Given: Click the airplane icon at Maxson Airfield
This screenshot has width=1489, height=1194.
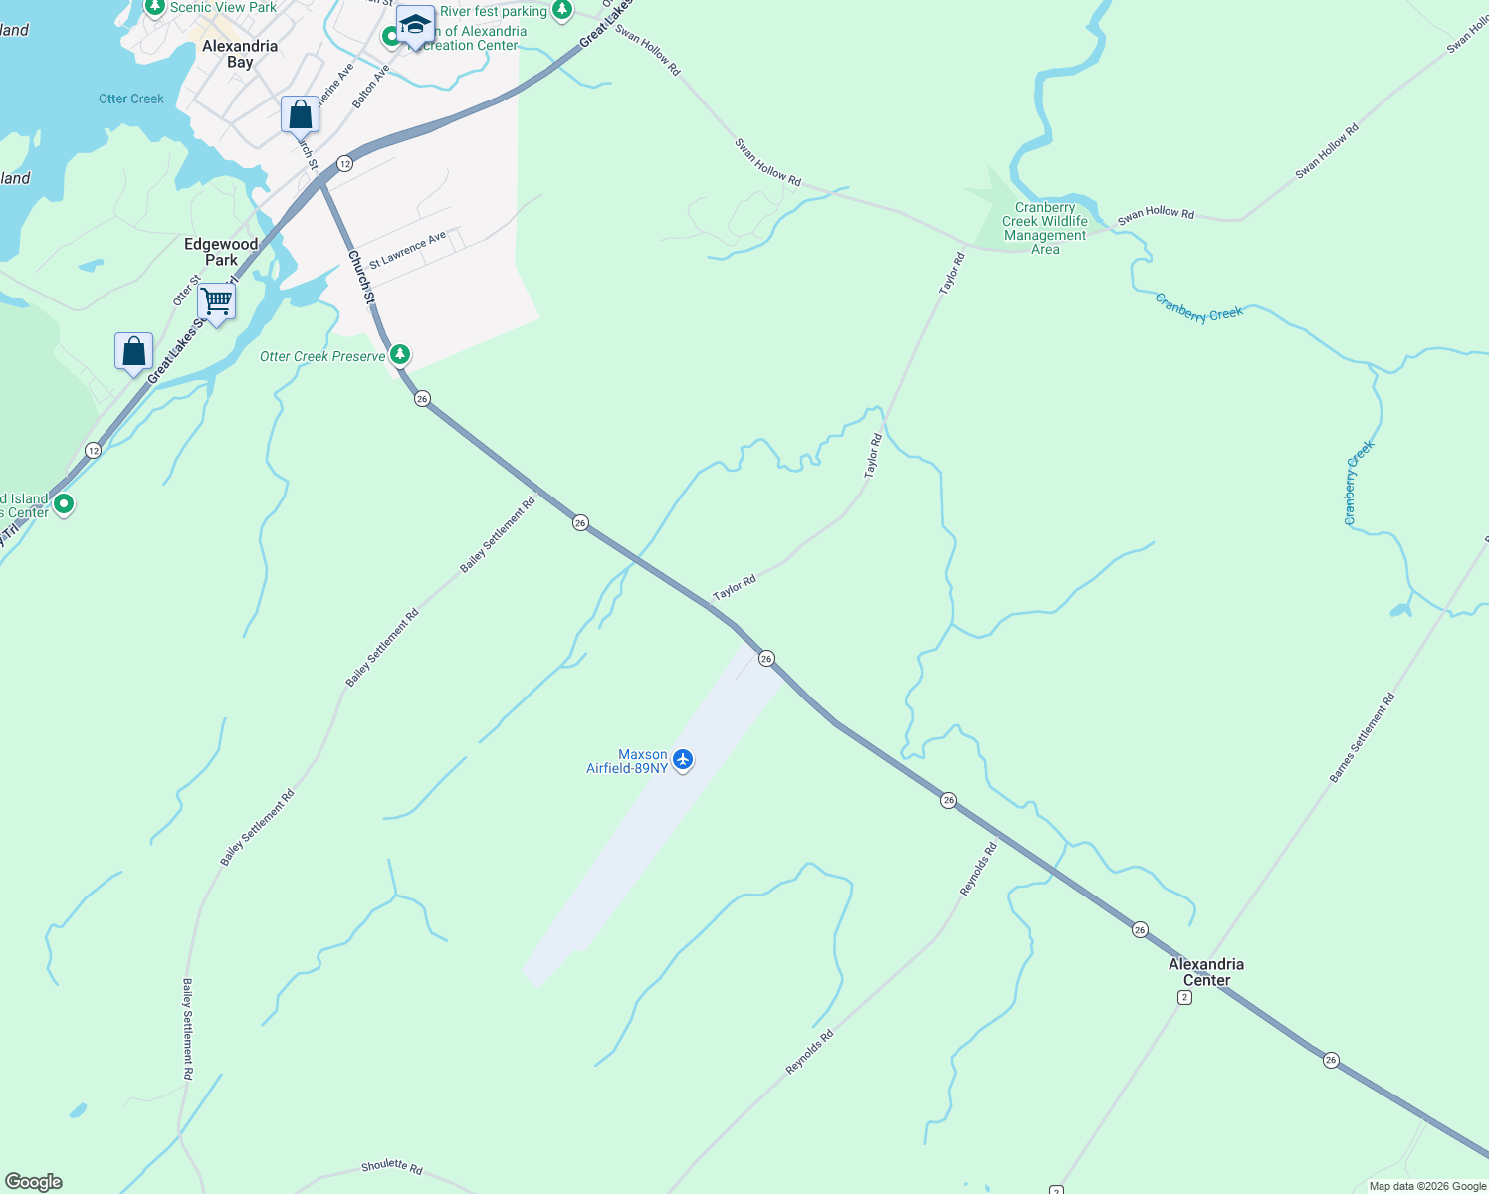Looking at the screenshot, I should click(682, 760).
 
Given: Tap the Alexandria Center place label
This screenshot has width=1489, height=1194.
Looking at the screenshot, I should click(1205, 972).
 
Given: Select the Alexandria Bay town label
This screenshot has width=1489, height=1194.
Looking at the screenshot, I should click(240, 54).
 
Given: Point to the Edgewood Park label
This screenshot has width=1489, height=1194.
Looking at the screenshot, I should click(221, 252).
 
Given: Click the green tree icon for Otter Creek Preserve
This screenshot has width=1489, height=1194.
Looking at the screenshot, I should click(400, 354).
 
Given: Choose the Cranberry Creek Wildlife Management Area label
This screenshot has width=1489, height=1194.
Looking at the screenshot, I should click(1045, 229).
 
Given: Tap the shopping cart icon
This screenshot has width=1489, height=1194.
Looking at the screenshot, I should click(216, 299).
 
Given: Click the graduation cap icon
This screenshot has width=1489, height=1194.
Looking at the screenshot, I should click(414, 24).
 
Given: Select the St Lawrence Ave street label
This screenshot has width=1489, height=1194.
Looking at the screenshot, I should click(407, 250).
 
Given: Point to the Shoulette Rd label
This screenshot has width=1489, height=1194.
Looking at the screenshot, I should click(392, 1166).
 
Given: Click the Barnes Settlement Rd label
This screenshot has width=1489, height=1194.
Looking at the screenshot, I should click(1363, 737).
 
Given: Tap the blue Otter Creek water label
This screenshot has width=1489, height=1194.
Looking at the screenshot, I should click(131, 99).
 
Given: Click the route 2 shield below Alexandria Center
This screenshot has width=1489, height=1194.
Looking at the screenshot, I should click(1184, 997).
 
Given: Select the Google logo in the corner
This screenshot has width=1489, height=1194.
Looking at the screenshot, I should click(33, 1182).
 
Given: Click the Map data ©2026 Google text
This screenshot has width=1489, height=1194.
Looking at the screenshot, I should click(1427, 1186).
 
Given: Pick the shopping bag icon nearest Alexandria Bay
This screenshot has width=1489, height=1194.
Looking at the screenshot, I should click(300, 114).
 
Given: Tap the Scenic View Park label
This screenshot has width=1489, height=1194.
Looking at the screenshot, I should click(223, 8).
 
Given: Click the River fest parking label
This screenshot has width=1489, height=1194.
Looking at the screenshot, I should click(494, 12).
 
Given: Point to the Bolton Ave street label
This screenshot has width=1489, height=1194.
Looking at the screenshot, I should click(370, 82).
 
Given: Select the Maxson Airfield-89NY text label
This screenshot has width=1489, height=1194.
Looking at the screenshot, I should click(627, 761).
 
